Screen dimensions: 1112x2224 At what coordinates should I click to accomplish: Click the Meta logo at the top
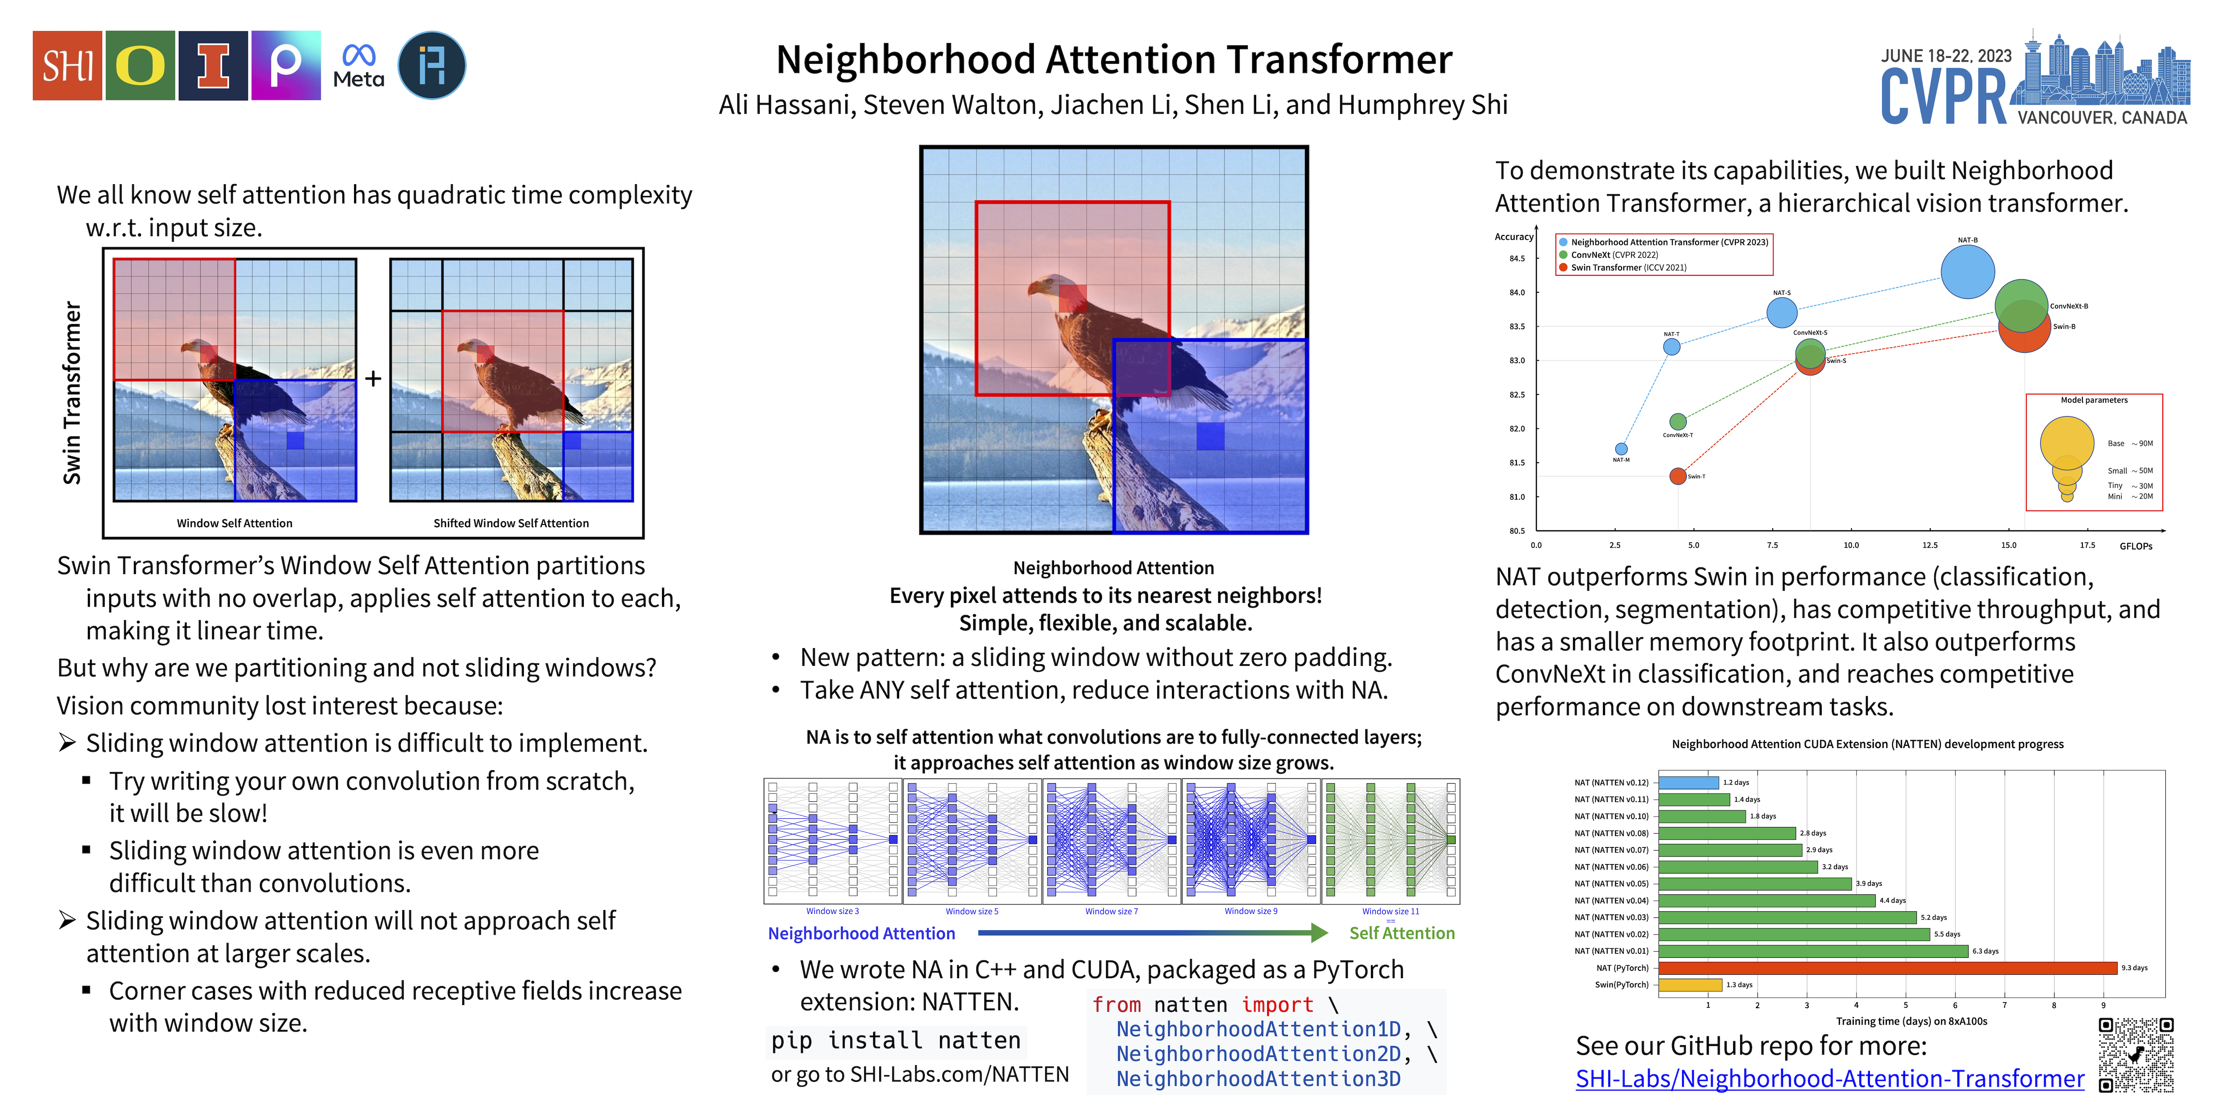tap(358, 66)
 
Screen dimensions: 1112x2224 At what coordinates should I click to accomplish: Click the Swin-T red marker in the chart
tap(1678, 476)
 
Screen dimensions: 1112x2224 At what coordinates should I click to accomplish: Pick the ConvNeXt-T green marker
tap(1678, 421)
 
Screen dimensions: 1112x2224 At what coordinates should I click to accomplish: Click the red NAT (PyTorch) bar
tap(1887, 968)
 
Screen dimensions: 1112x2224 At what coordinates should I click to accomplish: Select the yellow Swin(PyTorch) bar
tap(1690, 984)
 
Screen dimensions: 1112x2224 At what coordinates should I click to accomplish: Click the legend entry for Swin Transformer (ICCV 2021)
tap(1628, 268)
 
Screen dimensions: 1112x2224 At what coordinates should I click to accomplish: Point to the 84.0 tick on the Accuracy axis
tap(1517, 293)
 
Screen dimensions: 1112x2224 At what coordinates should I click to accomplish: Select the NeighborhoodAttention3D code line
tap(1258, 1078)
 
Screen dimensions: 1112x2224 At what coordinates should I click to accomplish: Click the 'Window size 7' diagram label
tap(1111, 911)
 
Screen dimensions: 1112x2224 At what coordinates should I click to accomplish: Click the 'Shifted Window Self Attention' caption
tap(511, 523)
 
